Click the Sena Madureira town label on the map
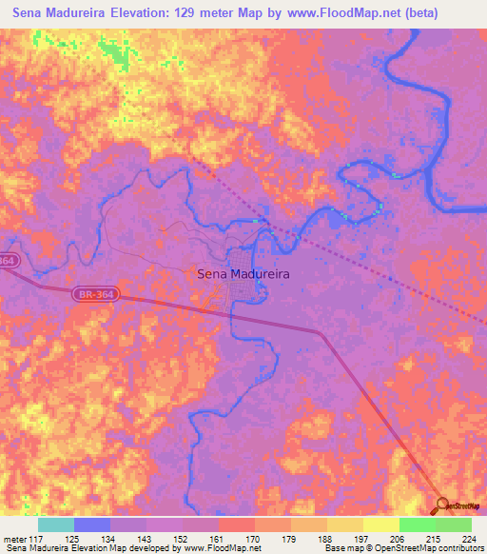pyautogui.click(x=243, y=273)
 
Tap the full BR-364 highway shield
pyautogui.click(x=90, y=296)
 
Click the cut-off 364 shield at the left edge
pyautogui.click(x=8, y=260)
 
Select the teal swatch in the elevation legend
pyautogui.click(x=56, y=524)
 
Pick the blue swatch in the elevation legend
pyautogui.click(x=92, y=524)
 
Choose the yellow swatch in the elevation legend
pyautogui.click(x=381, y=524)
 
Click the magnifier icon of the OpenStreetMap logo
pyautogui.click(x=441, y=505)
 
